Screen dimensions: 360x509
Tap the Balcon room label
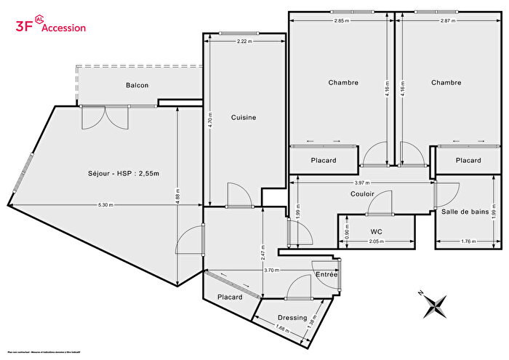click(137, 86)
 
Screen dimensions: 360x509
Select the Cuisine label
click(244, 117)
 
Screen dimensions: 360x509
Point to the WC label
click(376, 233)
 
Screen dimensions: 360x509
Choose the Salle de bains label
click(465, 212)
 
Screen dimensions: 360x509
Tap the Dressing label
click(292, 317)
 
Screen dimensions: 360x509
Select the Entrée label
click(326, 274)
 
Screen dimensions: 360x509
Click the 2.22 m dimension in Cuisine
click(244, 42)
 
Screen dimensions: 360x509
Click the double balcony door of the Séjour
click(105, 116)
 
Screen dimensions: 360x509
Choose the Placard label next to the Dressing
click(229, 297)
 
